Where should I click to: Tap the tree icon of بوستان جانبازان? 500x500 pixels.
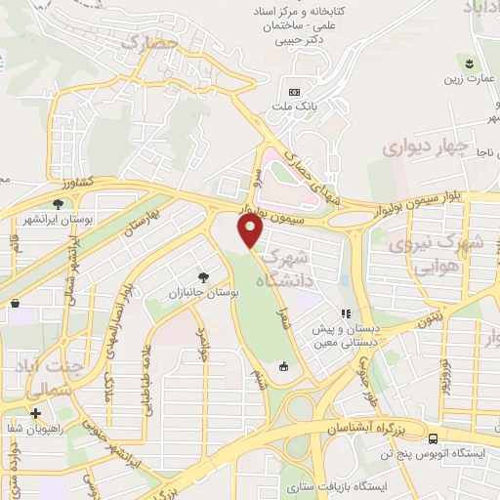pos(203,276)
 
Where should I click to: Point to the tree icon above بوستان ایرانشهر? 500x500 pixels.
pos(59,203)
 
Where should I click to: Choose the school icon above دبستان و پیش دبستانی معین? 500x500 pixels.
pos(344,313)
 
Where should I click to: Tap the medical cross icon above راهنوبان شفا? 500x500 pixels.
pos(36,414)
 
